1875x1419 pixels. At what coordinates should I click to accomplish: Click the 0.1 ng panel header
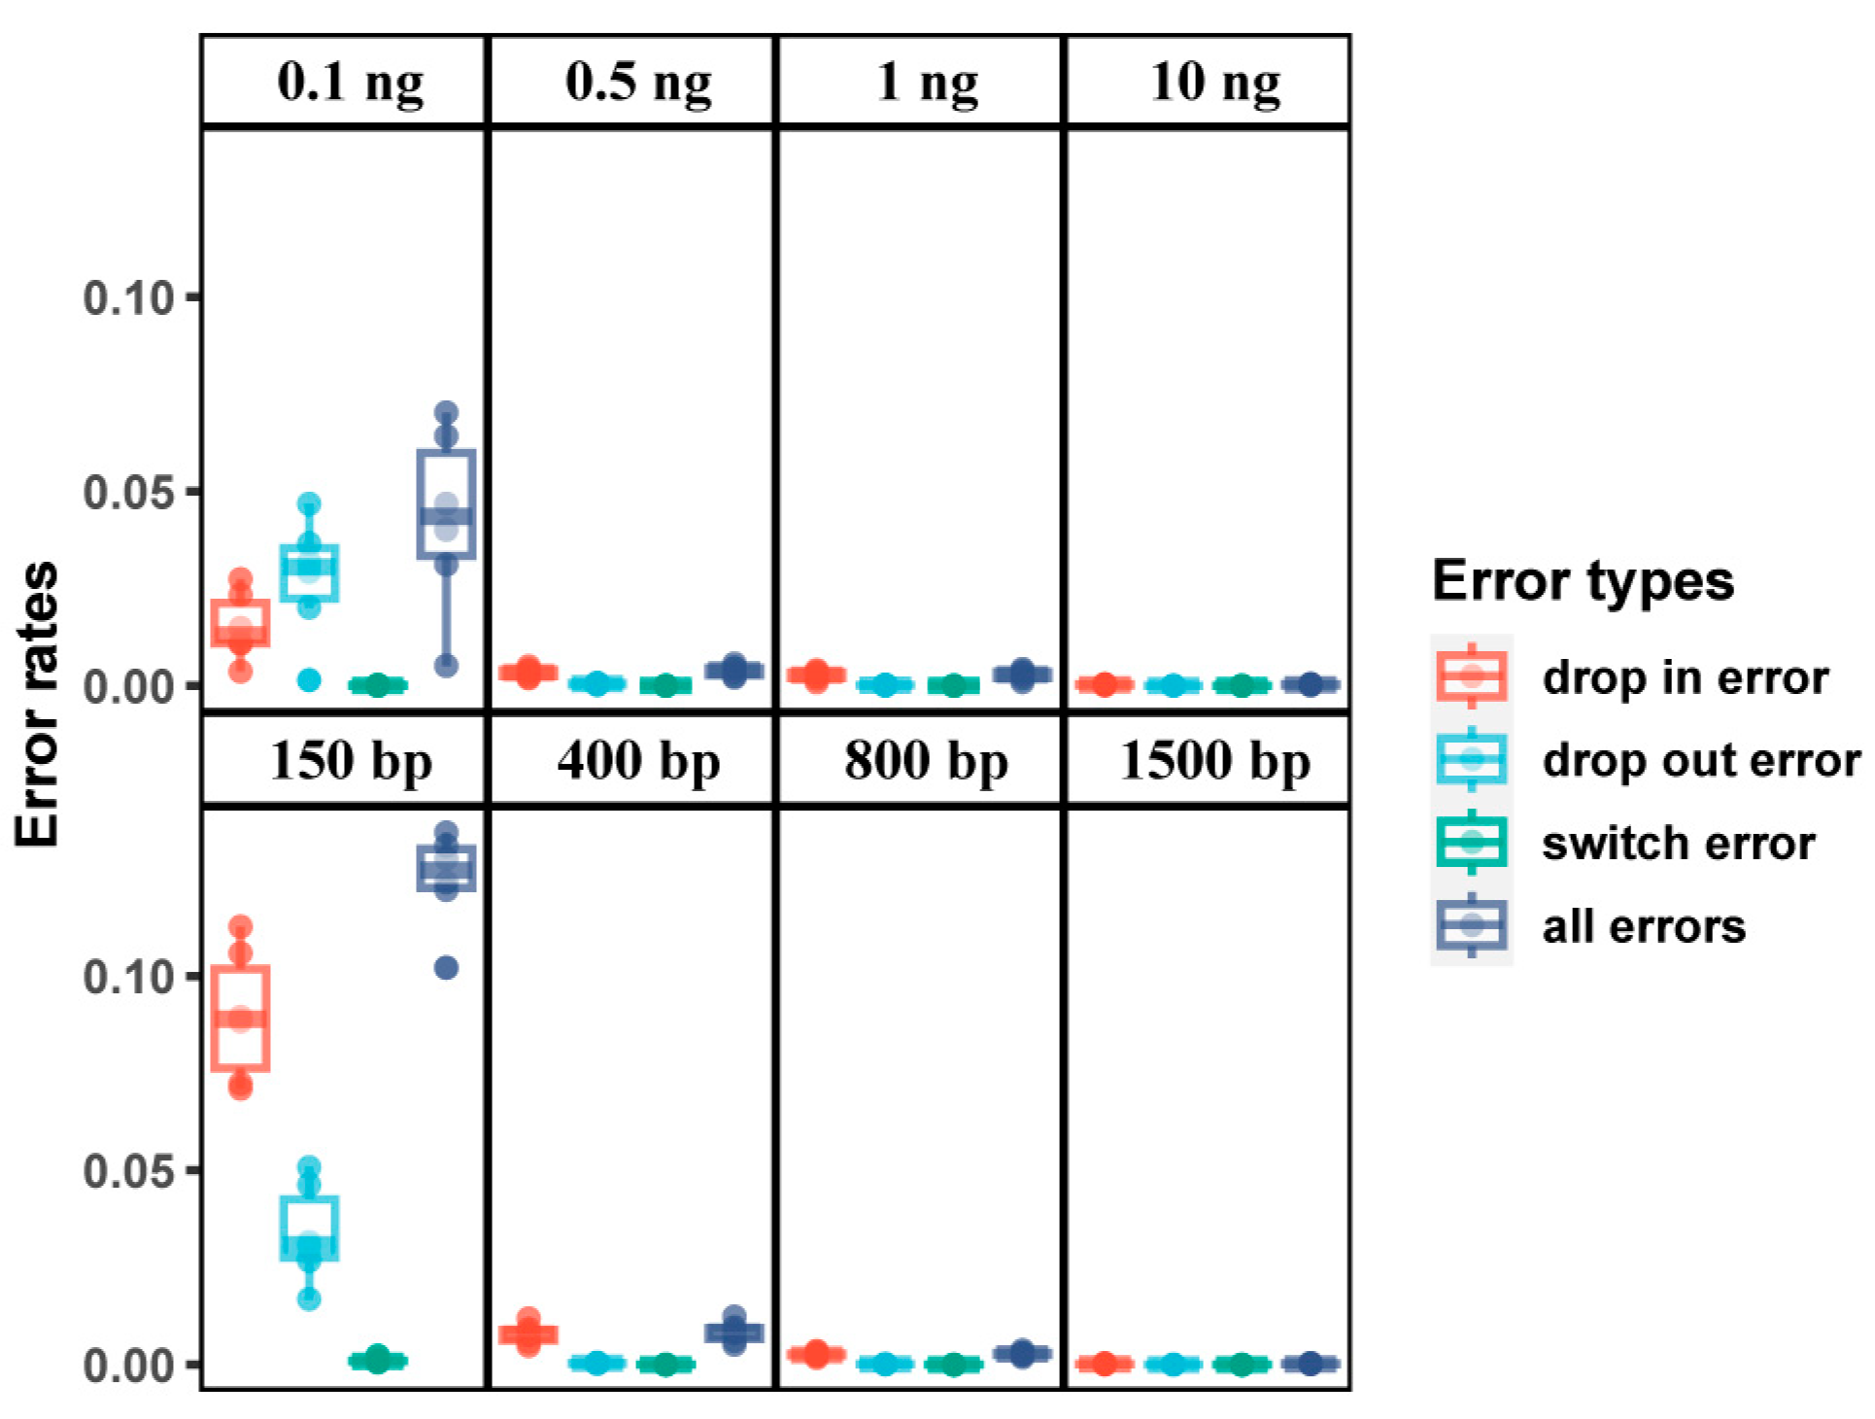pyautogui.click(x=350, y=82)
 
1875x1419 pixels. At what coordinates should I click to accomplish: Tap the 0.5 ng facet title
pyautogui.click(x=638, y=82)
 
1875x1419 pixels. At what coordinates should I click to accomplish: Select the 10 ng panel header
pyautogui.click(x=1214, y=82)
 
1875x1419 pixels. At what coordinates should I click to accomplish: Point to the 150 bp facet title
pyautogui.click(x=350, y=761)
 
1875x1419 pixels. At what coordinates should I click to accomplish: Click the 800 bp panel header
pyautogui.click(x=925, y=761)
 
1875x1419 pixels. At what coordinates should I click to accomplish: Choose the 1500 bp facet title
pyautogui.click(x=1214, y=761)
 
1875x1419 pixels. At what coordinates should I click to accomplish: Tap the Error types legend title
pyautogui.click(x=1583, y=581)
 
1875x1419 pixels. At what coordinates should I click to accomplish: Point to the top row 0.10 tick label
pyautogui.click(x=128, y=297)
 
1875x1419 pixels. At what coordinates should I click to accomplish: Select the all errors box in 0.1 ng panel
pyautogui.click(x=446, y=503)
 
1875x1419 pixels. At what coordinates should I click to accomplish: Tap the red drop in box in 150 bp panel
pyautogui.click(x=240, y=1019)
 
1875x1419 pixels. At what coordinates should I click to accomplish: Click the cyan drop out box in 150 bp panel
pyautogui.click(x=309, y=1228)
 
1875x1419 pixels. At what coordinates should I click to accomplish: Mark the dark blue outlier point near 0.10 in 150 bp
pyautogui.click(x=446, y=968)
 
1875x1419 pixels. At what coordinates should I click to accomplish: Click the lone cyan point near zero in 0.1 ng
pyautogui.click(x=309, y=680)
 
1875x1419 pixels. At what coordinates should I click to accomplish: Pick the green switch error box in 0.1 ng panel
pyautogui.click(x=378, y=685)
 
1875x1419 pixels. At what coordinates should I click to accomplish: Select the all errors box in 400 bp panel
pyautogui.click(x=734, y=1332)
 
